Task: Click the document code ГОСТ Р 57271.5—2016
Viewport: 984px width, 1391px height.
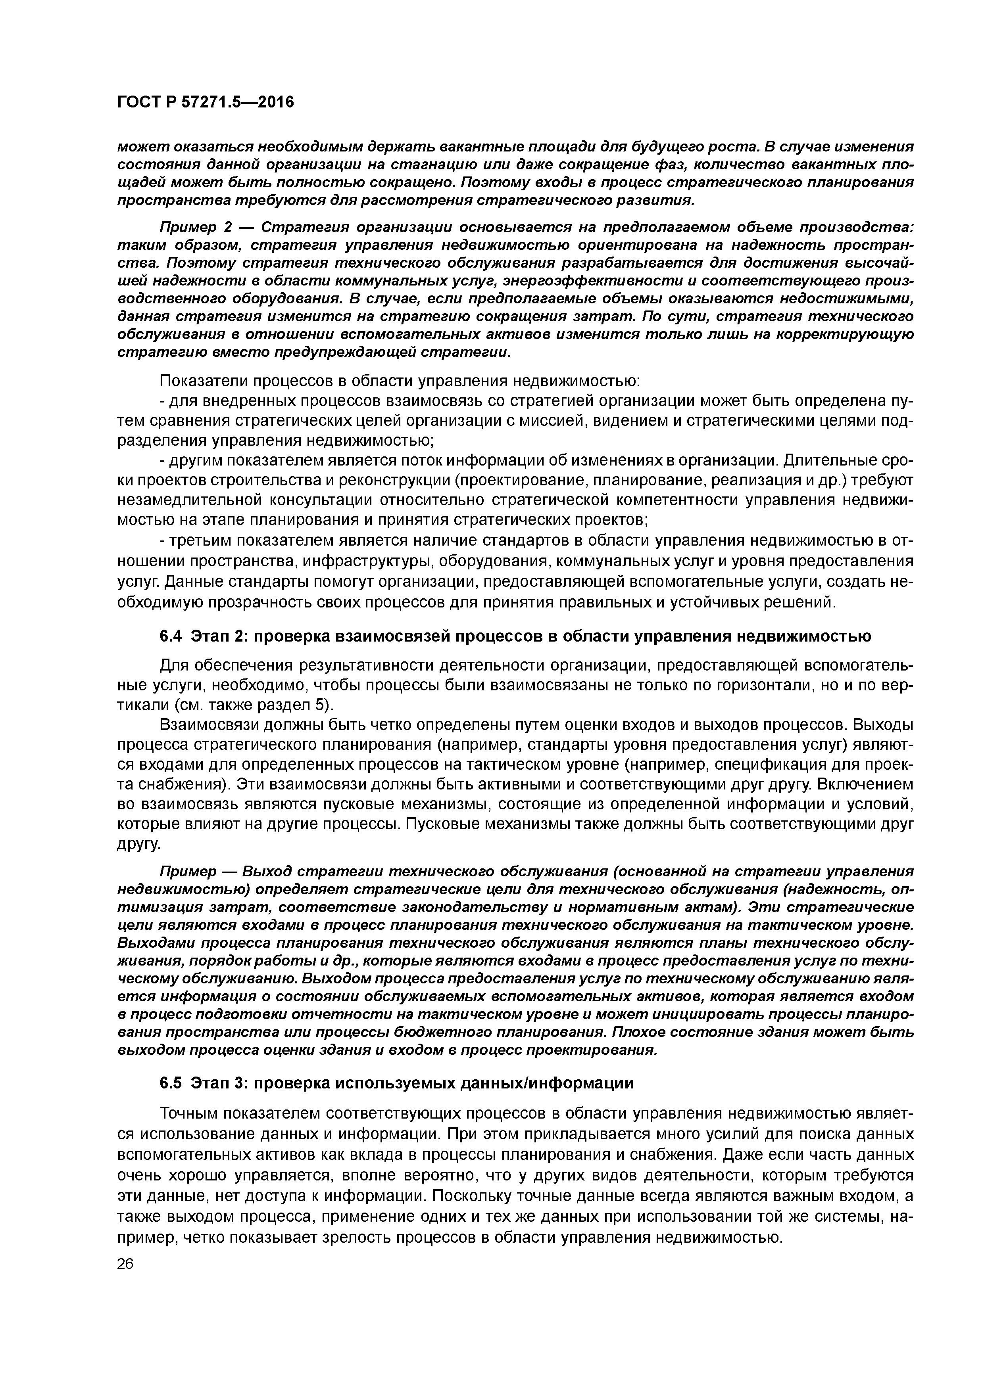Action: point(205,102)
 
